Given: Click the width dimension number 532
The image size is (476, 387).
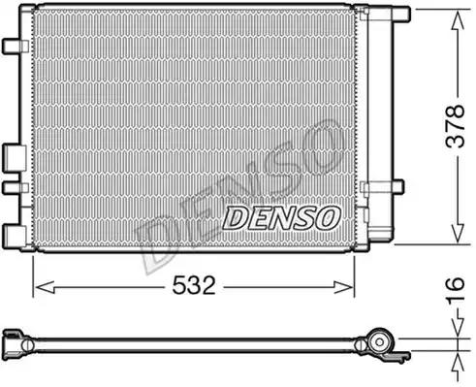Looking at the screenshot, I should tap(193, 286).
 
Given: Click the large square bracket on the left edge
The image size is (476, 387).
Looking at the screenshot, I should tap(13, 157).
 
